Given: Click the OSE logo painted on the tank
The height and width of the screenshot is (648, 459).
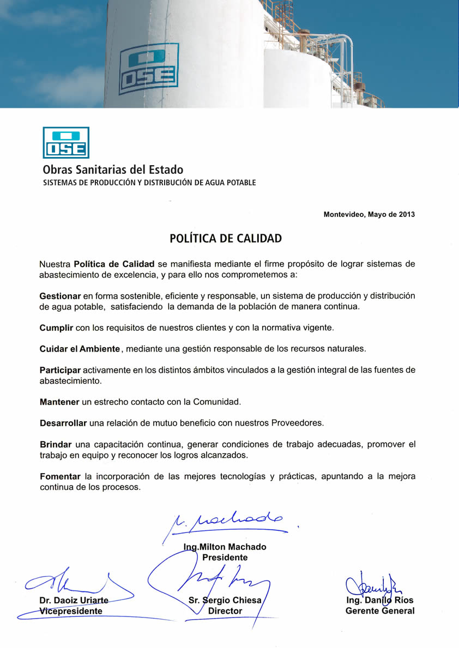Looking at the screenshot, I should click(x=149, y=69).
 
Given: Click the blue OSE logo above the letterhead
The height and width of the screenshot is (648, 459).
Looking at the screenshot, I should click(x=66, y=143).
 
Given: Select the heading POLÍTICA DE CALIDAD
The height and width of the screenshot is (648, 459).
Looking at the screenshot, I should click(x=226, y=239).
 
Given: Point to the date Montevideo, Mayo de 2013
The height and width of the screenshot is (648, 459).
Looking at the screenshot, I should click(x=369, y=214).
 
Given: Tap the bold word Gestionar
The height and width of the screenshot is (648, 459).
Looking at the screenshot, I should click(x=60, y=296).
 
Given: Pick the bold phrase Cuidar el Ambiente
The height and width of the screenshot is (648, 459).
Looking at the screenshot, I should click(x=80, y=348).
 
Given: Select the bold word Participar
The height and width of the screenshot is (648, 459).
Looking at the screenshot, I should click(x=60, y=370).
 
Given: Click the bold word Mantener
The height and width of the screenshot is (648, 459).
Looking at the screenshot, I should click(x=59, y=402).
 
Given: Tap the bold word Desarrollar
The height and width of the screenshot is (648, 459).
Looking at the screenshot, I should click(x=63, y=423).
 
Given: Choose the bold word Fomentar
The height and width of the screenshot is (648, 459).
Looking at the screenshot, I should click(x=60, y=476).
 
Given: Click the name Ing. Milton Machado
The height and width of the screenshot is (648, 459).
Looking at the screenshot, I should click(x=225, y=547).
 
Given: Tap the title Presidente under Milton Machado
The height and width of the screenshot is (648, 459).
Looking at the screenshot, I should click(x=225, y=558).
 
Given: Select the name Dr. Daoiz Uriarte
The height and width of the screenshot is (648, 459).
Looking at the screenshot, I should click(x=74, y=600).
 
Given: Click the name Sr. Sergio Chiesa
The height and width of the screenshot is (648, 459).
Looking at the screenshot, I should click(x=225, y=600).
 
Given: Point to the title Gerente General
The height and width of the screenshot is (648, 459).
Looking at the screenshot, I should click(x=380, y=611).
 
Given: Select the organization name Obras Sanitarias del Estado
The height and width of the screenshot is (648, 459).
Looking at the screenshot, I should click(x=113, y=169).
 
